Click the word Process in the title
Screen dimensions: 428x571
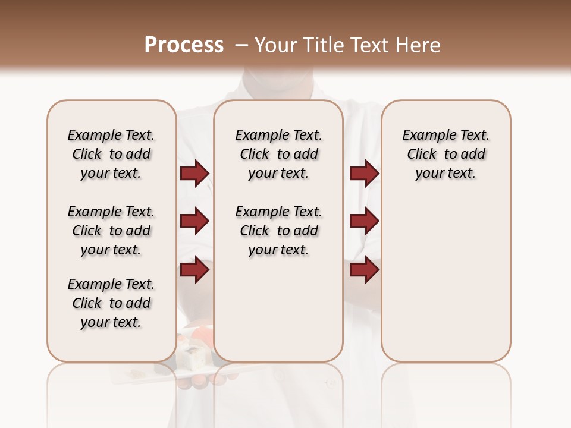184,45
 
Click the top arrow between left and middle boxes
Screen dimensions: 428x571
194,174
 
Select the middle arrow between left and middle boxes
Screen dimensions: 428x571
194,221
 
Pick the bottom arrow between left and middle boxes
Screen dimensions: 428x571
194,270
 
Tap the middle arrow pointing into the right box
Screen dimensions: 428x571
364,221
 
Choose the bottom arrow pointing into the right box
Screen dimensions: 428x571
364,270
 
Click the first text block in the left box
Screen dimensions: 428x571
111,154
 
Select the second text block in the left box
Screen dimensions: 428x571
111,231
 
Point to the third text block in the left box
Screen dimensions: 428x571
111,303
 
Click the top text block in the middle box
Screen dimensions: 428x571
278,154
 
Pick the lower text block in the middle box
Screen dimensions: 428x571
278,231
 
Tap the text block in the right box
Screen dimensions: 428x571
445,154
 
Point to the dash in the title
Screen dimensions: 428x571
241,45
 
